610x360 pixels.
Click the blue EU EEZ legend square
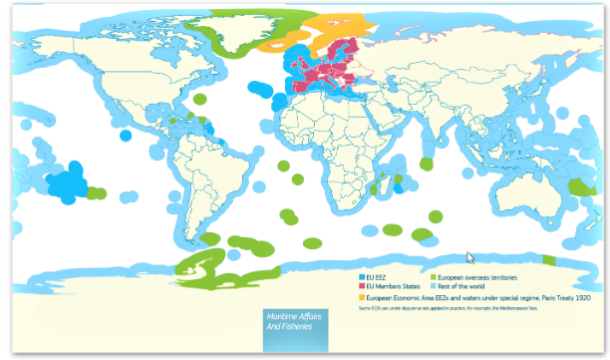click(361, 276)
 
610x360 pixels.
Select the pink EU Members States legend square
click(361, 286)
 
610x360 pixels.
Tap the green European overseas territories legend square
click(434, 276)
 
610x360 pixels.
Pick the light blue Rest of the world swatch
click(434, 286)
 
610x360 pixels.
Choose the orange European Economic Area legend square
click(361, 297)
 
